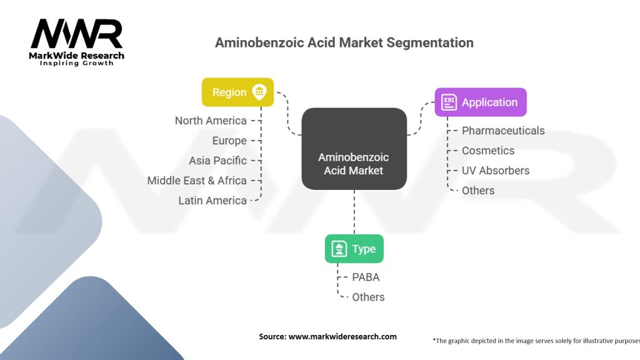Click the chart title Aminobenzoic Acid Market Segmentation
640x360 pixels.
click(x=344, y=42)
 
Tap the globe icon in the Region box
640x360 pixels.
click(x=259, y=92)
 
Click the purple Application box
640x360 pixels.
click(x=481, y=102)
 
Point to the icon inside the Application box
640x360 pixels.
click(x=449, y=102)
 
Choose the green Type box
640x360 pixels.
click(x=354, y=249)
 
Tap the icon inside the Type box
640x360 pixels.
click(x=339, y=249)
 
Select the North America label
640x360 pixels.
click(x=211, y=121)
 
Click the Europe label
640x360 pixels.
click(x=229, y=141)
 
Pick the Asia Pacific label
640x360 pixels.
click(x=217, y=161)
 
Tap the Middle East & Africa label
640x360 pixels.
click(x=197, y=181)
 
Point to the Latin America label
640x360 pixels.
click(x=212, y=201)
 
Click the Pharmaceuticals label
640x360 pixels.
click(x=503, y=131)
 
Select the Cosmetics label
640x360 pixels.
click(x=488, y=151)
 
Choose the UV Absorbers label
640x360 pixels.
click(x=496, y=171)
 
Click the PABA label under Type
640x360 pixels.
click(x=366, y=277)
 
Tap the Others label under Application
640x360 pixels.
click(x=478, y=191)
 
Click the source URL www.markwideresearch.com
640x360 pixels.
click(x=342, y=336)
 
